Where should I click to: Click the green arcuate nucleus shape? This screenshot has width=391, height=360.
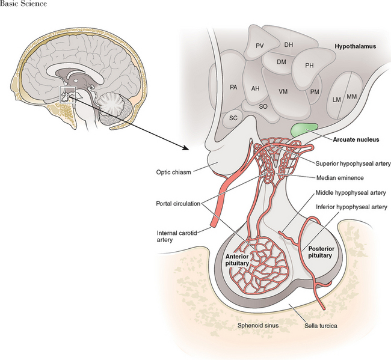pos(304,129)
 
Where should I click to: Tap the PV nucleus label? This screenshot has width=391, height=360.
pos(260,46)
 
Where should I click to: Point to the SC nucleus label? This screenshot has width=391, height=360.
pos(233,118)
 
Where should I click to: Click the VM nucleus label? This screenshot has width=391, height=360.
pos(284,91)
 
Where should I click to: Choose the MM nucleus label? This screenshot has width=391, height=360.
pos(352,97)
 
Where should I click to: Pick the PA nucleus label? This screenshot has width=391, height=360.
pos(233,88)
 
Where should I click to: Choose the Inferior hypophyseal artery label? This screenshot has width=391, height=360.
pos(353,208)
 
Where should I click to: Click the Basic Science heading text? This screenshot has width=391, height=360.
pos(23,4)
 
